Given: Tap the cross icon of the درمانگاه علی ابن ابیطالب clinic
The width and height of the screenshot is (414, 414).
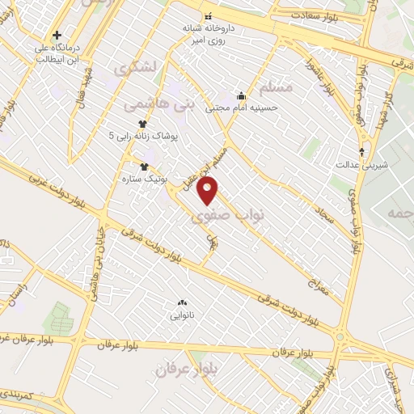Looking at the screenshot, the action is click(x=57, y=35).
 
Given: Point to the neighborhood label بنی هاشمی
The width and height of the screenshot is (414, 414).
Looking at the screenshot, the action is click(x=160, y=103).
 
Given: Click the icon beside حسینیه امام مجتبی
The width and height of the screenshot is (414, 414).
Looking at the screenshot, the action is click(x=240, y=96).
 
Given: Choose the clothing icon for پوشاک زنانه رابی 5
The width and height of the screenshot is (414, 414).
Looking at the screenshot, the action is click(x=144, y=124).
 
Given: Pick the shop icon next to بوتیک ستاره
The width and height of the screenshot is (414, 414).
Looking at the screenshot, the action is click(x=145, y=167).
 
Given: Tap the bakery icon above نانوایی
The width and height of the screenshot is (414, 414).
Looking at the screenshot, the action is click(x=182, y=302).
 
